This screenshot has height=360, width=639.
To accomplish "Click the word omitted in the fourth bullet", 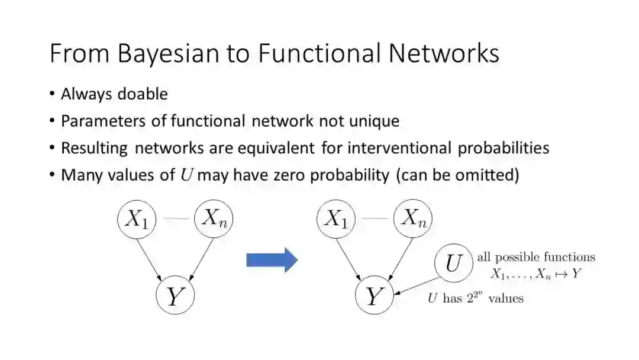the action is click(x=489, y=175).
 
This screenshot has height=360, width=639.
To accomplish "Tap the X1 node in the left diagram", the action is click(x=136, y=219).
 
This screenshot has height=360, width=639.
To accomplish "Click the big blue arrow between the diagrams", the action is click(x=272, y=259).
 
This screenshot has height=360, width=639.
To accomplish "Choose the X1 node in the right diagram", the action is click(x=336, y=219).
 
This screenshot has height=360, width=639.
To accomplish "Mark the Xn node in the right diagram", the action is click(x=413, y=219).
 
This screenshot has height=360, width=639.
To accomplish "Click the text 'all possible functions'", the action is click(x=536, y=257).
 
